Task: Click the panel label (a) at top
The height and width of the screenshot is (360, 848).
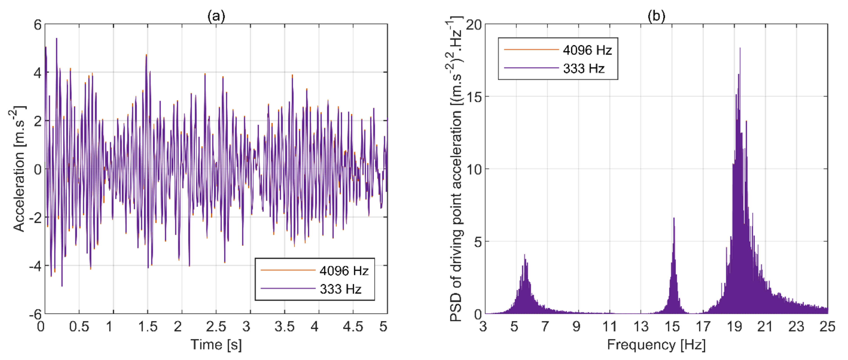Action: (216, 16)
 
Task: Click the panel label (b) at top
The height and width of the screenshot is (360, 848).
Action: (656, 16)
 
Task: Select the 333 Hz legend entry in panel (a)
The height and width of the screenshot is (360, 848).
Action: (340, 289)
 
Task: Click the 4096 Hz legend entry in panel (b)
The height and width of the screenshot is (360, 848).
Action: (587, 50)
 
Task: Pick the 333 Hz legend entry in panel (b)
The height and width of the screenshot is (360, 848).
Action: (584, 68)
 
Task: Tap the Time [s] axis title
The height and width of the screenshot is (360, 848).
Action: (216, 345)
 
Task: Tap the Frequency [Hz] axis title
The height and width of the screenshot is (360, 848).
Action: (656, 345)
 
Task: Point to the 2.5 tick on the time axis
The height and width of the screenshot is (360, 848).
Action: (216, 327)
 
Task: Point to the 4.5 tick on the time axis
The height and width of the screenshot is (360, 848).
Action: (353, 327)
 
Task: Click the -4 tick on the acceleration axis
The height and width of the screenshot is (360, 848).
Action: (36, 265)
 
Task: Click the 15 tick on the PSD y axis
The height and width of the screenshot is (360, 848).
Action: (473, 97)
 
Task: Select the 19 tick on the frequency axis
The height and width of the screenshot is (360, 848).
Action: (734, 327)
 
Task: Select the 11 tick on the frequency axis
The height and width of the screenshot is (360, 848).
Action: (609, 327)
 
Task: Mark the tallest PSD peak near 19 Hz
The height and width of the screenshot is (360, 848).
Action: (740, 49)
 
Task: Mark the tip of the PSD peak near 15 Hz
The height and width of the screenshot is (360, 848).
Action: (674, 218)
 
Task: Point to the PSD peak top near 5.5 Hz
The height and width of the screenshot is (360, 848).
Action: (525, 255)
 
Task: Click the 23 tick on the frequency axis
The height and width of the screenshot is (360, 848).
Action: (796, 327)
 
